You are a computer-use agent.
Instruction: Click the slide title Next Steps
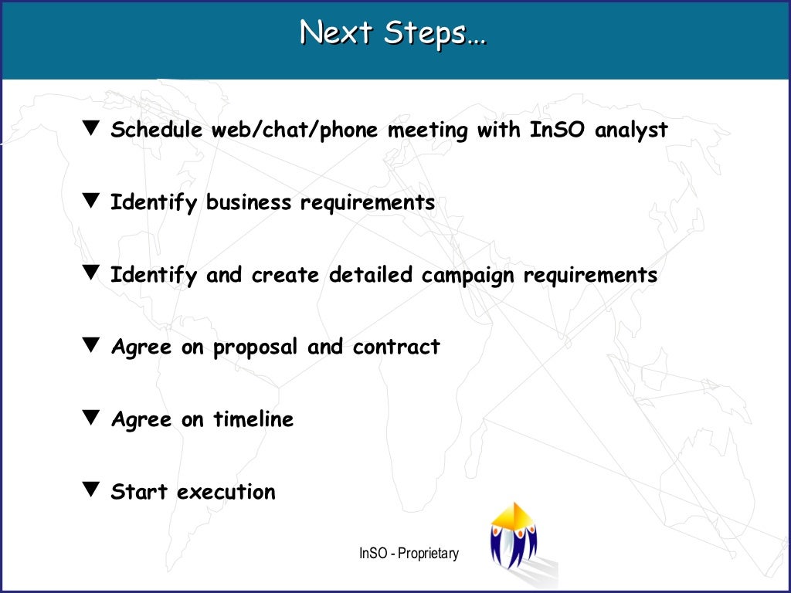click(393, 33)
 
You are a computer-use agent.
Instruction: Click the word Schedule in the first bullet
click(157, 130)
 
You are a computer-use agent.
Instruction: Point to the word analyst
click(631, 130)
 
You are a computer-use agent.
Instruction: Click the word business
click(250, 202)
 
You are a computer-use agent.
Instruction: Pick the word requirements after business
click(368, 203)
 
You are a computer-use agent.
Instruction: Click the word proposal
click(255, 347)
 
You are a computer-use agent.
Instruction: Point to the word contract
click(396, 347)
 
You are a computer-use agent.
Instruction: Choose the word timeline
click(253, 419)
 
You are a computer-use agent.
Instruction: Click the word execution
click(226, 492)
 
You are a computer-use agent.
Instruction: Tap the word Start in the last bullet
click(140, 492)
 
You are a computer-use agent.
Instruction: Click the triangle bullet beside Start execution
click(91, 490)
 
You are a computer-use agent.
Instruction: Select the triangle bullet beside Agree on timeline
click(91, 417)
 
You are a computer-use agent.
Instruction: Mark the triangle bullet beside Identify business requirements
click(91, 201)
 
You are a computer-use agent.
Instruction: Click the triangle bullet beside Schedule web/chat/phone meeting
click(91, 128)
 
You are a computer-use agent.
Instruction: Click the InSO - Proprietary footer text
click(409, 554)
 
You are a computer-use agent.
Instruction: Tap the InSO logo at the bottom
click(514, 537)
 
